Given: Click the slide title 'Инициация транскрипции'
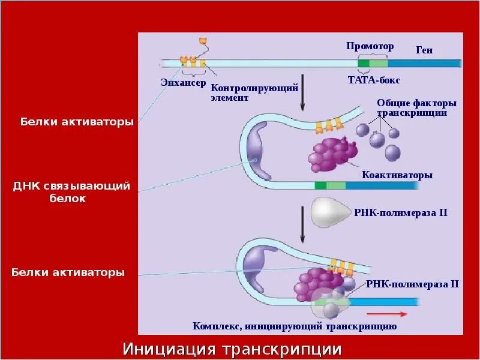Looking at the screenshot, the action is coord(232,349).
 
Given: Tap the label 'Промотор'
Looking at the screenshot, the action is coord(370,46).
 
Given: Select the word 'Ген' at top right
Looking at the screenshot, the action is coord(424,50).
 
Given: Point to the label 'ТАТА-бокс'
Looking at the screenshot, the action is coord(374,80).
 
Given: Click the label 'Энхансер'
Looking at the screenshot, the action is coord(182,82).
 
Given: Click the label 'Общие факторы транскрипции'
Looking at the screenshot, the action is coord(412,107).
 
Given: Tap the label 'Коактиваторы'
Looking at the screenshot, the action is coord(397,175).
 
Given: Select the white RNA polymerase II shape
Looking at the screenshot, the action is coord(331,212).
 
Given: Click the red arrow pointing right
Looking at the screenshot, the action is coord(387,313).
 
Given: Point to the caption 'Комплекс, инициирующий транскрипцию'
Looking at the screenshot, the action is coord(295,326).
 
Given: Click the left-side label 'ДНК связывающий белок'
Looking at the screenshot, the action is coord(71,191).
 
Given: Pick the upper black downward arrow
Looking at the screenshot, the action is coord(302,93).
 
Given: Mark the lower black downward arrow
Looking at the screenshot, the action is coord(302,223).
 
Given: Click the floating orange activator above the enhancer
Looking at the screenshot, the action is coord(203,41).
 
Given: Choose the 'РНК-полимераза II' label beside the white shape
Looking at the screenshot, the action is coord(401,212).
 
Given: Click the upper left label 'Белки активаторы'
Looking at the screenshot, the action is coord(77,122).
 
